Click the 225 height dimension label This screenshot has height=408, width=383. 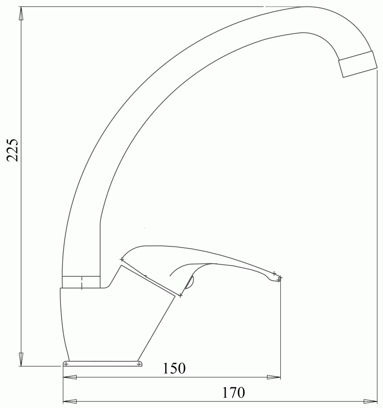click(13, 151)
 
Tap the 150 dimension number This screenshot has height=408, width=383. click(174, 368)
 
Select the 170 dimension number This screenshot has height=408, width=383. click(233, 392)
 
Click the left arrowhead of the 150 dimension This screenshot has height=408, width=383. click(70, 377)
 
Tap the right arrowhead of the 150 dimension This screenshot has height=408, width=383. click(274, 377)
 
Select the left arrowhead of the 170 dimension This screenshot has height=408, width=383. click(70, 401)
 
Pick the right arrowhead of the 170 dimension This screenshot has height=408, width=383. click(370, 401)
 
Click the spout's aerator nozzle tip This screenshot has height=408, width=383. click(358, 64)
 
